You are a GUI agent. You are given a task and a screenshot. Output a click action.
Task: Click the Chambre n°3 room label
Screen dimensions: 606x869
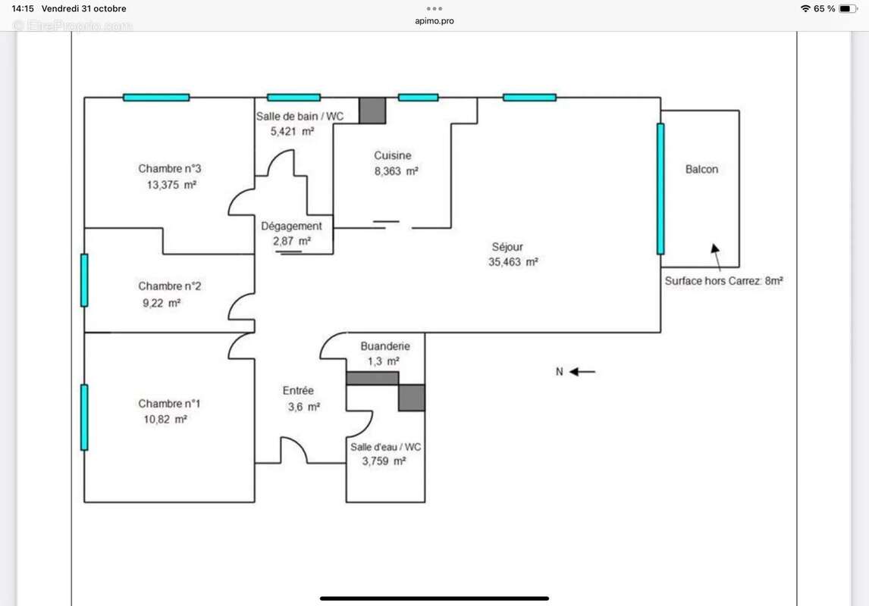pyautogui.click(x=170, y=169)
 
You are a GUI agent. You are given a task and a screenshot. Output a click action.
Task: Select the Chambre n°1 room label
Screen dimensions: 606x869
pyautogui.click(x=170, y=404)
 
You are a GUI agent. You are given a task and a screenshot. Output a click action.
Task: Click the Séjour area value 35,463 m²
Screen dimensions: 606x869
pyautogui.click(x=513, y=263)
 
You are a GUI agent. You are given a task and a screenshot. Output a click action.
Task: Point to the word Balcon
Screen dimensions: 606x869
pyautogui.click(x=701, y=170)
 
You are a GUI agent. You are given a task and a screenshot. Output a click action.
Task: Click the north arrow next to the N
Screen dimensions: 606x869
pyautogui.click(x=582, y=372)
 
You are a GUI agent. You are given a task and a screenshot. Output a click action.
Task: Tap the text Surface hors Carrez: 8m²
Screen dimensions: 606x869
pyautogui.click(x=723, y=280)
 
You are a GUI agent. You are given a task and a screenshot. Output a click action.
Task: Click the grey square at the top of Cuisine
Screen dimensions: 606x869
pyautogui.click(x=372, y=111)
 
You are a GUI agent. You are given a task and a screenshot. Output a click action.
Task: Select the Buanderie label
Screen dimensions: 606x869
pyautogui.click(x=385, y=346)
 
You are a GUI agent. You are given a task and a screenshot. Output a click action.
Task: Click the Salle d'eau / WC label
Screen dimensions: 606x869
pyautogui.click(x=385, y=447)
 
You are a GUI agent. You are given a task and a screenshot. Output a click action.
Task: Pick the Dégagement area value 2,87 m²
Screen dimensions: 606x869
pyautogui.click(x=292, y=242)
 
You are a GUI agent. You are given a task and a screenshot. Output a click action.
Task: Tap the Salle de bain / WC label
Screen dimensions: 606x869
pyautogui.click(x=300, y=116)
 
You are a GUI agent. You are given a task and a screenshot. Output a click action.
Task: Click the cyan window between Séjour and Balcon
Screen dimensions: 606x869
pyautogui.click(x=660, y=189)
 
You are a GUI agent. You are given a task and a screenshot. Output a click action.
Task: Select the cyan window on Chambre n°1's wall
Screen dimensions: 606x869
pyautogui.click(x=84, y=417)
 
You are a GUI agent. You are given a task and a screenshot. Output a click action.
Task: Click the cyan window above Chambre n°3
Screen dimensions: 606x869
pyautogui.click(x=156, y=97)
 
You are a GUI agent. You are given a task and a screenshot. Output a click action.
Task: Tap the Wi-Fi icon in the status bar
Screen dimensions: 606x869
pyautogui.click(x=805, y=8)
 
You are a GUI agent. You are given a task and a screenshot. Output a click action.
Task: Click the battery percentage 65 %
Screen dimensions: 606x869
pyautogui.click(x=824, y=8)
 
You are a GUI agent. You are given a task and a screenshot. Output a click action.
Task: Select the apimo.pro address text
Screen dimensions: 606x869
pyautogui.click(x=434, y=21)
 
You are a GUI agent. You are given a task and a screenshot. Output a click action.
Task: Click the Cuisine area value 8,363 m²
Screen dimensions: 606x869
pyautogui.click(x=396, y=172)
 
